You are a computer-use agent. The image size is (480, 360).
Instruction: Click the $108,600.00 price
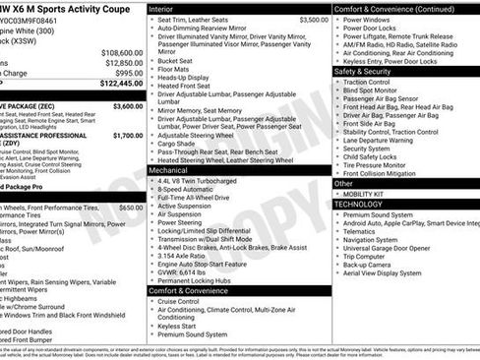pyautogui.click(x=122, y=52)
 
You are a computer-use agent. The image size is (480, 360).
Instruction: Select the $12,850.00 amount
pyautogui.click(x=124, y=62)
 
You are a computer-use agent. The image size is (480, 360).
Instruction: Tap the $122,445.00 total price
pyautogui.click(x=121, y=84)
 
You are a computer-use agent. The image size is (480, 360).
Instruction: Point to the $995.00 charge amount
pyautogui.click(x=128, y=73)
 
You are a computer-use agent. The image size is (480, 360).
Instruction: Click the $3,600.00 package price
pyautogui.click(x=127, y=104)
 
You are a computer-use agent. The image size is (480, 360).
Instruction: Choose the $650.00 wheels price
pyautogui.click(x=130, y=208)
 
